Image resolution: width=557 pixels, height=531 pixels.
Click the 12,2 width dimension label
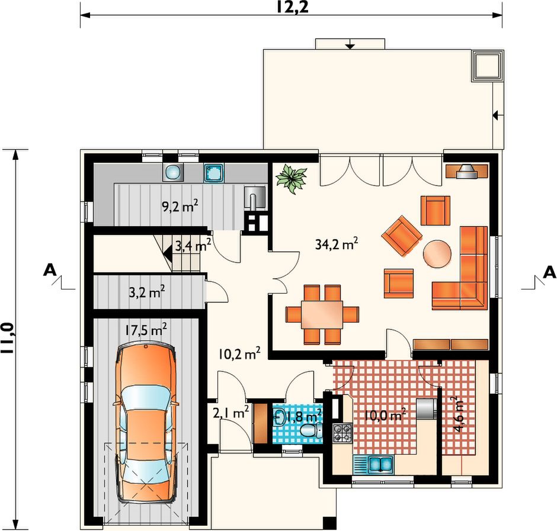click(x=292, y=8)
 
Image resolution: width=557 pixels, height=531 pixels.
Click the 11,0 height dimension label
click(x=8, y=338)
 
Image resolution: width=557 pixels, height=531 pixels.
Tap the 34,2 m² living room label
click(x=337, y=244)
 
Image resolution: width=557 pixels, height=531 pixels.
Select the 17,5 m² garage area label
click(x=146, y=329)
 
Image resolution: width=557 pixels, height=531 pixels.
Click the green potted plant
click(x=292, y=179)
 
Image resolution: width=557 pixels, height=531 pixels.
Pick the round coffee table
click(x=437, y=254)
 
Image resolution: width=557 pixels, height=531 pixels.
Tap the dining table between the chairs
click(x=322, y=314)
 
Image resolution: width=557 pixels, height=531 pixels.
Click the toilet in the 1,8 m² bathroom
click(x=311, y=430)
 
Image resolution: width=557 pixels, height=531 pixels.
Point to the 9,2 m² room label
click(x=180, y=206)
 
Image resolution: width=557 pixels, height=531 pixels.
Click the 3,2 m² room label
click(x=147, y=292)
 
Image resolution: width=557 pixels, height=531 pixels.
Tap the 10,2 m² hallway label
click(x=239, y=353)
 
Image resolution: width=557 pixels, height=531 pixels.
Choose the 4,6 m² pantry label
click(x=459, y=414)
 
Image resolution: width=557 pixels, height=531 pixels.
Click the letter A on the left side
click(x=50, y=270)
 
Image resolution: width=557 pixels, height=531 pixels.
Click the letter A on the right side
click(x=549, y=272)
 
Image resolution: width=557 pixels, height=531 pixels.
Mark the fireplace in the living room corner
click(x=467, y=171)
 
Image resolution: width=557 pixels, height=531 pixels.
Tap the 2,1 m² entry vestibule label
click(x=231, y=413)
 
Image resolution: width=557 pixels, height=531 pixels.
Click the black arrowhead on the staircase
click(x=167, y=253)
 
